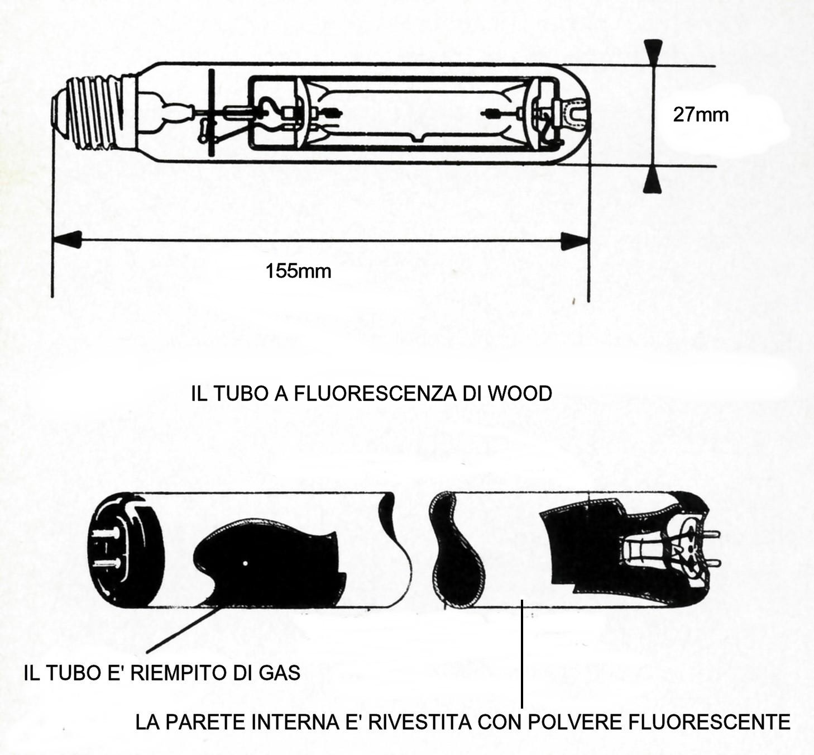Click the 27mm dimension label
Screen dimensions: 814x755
coord(701,115)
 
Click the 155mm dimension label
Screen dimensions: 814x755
coord(298,271)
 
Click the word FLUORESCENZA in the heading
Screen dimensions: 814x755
coord(375,393)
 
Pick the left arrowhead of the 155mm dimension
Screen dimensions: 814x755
coord(67,240)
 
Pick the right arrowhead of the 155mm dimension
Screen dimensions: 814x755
coord(574,241)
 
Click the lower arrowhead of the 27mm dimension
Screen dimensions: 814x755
coord(653,180)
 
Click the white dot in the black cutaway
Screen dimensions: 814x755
coord(245,563)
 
